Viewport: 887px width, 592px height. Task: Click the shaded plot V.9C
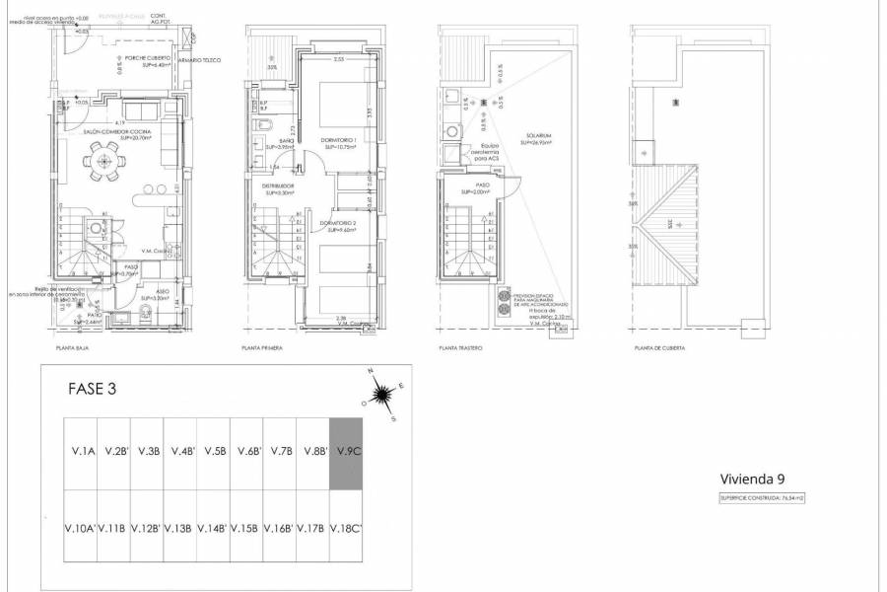[x=346, y=452]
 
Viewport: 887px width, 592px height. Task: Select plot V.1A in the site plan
[x=82, y=452]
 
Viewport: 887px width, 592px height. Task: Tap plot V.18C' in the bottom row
[x=346, y=527]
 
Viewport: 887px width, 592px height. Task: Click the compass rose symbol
[x=381, y=396]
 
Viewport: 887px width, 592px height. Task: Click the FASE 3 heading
[x=92, y=389]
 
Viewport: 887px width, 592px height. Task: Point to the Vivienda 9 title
[x=751, y=479]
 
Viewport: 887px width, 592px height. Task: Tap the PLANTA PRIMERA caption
[x=262, y=348]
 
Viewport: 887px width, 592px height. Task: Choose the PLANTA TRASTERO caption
[x=460, y=348]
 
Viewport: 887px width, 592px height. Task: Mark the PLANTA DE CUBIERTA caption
[x=660, y=348]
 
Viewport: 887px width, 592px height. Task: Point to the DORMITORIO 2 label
[x=338, y=225]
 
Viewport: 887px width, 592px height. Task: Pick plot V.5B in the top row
[x=214, y=452]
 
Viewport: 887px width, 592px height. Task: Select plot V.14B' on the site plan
[x=214, y=527]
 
